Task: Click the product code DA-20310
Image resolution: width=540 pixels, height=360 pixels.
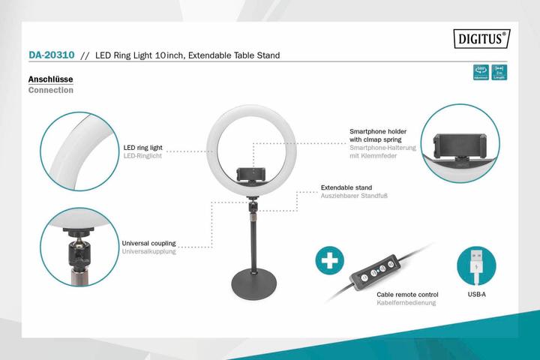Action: pyautogui.click(x=50, y=55)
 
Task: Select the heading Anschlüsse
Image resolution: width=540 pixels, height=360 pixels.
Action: pyautogui.click(x=49, y=79)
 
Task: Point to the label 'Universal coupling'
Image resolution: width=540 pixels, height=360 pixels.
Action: pyautogui.click(x=148, y=243)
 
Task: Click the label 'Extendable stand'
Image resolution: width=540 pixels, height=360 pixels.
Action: pyautogui.click(x=346, y=187)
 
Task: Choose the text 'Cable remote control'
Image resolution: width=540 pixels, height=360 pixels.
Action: pyautogui.click(x=407, y=295)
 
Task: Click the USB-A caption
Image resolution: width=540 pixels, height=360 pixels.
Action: pyautogui.click(x=476, y=295)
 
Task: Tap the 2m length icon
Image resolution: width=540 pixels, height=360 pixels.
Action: pyautogui.click(x=499, y=73)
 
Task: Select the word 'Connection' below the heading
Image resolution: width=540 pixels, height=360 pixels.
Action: pyautogui.click(x=50, y=90)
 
